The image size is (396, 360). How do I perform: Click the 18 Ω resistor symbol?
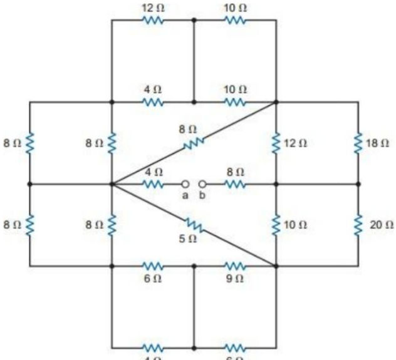(x=358, y=143)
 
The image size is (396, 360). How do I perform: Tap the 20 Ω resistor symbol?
(x=358, y=224)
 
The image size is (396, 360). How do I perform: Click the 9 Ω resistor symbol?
(x=234, y=266)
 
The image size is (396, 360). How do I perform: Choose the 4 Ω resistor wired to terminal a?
(x=153, y=184)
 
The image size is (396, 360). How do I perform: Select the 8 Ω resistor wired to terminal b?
(x=234, y=184)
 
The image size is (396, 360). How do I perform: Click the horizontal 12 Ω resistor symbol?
(x=153, y=20)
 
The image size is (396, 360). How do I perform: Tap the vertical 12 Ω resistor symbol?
(x=276, y=143)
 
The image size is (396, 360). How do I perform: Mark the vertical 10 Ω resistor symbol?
(x=276, y=224)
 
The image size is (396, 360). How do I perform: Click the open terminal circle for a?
(x=185, y=184)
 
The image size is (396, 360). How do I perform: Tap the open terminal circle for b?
(x=202, y=184)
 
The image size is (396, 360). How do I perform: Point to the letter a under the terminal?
(x=185, y=195)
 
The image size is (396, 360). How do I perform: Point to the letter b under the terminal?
(x=202, y=195)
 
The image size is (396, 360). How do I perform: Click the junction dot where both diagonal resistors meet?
(x=112, y=184)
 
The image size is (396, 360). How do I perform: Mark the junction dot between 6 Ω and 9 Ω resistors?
(x=194, y=266)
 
